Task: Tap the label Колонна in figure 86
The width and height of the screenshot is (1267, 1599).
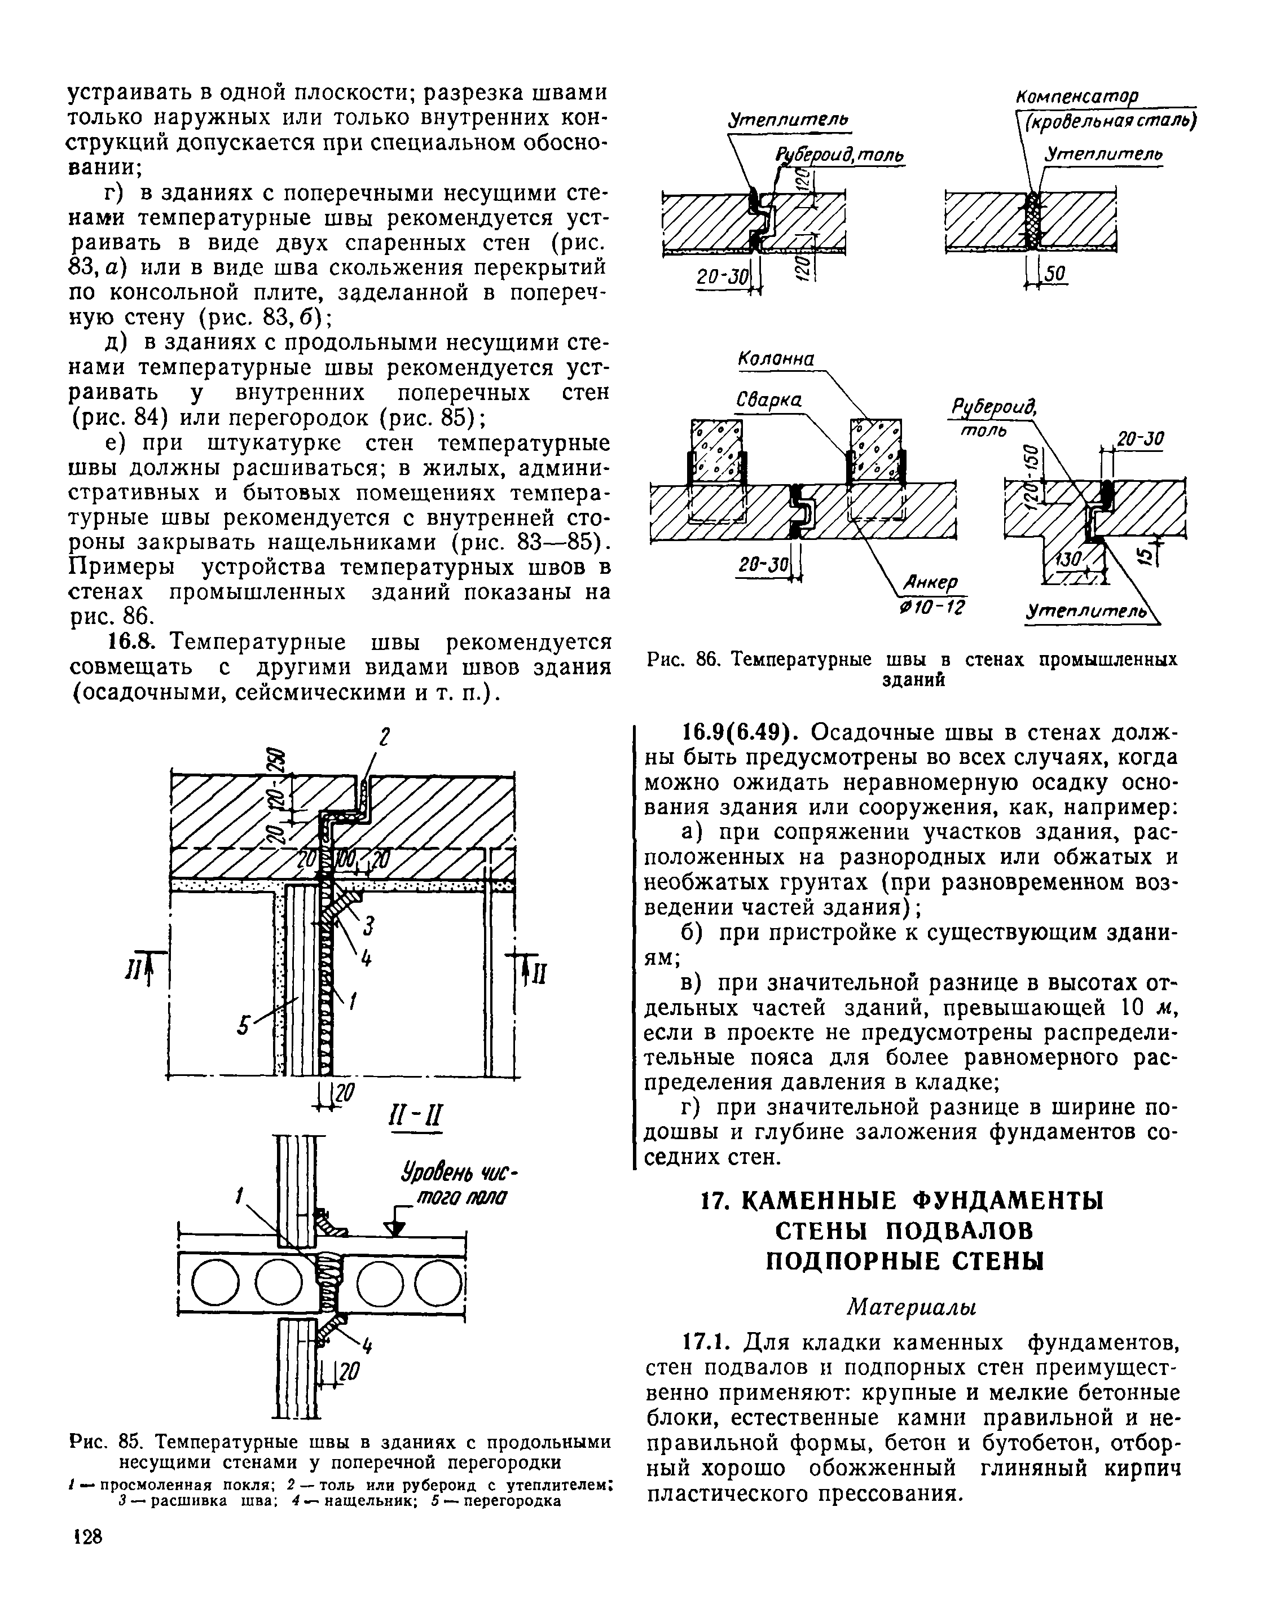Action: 776,359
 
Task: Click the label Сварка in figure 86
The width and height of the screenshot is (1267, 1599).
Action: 768,401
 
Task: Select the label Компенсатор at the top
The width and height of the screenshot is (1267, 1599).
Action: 1076,97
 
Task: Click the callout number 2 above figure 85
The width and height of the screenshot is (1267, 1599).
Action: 384,738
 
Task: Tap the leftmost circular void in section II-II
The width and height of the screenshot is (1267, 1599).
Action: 214,1281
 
